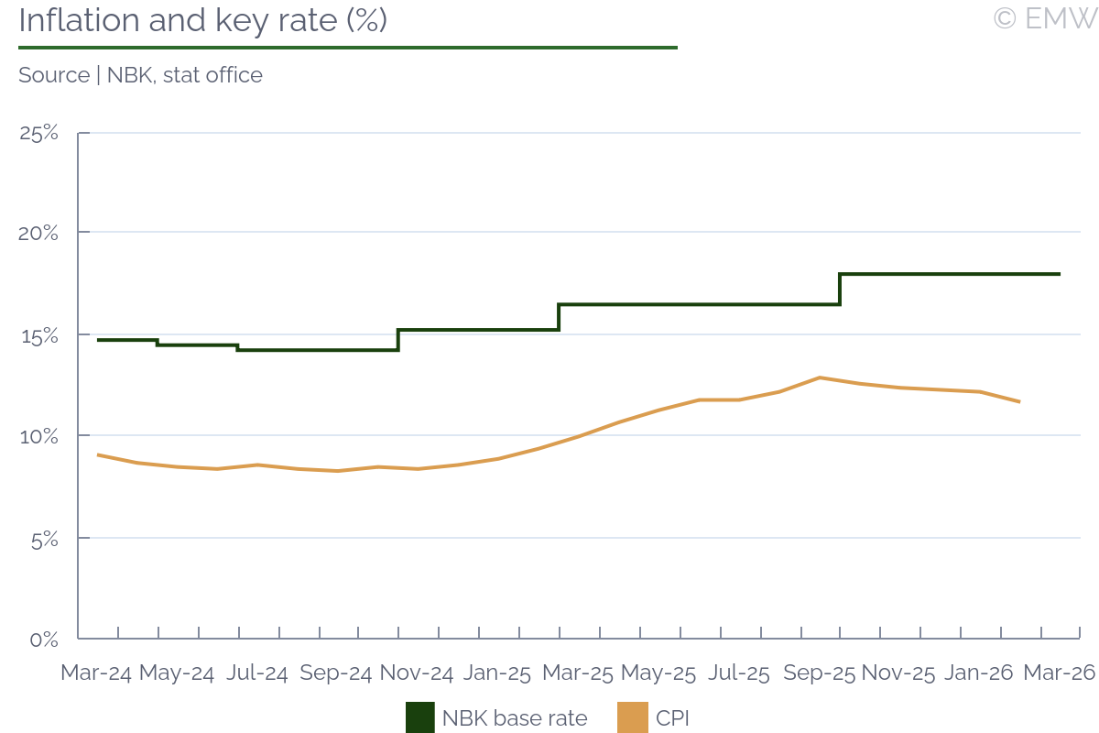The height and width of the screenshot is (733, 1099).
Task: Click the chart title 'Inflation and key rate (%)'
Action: tap(202, 20)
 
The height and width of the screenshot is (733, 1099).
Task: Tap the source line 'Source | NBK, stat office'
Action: tap(140, 75)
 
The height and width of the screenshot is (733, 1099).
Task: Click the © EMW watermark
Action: tap(1044, 18)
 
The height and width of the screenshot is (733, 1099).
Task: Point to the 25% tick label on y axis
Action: tap(38, 133)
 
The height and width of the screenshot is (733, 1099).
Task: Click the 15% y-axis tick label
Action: tap(38, 335)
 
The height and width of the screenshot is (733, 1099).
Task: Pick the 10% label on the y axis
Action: tap(38, 436)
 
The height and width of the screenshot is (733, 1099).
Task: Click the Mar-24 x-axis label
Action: tap(96, 673)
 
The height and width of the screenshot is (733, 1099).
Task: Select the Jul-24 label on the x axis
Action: tap(256, 673)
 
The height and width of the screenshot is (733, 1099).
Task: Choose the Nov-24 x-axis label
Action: tap(417, 673)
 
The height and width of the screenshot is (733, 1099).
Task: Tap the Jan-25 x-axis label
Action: tap(497, 673)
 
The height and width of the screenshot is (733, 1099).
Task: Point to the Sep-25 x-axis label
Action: tap(820, 673)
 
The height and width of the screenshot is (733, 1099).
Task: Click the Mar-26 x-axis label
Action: tap(1060, 673)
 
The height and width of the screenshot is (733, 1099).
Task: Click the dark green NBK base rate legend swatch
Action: tap(420, 717)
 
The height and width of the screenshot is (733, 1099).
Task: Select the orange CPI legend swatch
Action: tap(634, 717)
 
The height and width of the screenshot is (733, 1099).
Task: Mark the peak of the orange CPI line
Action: tap(820, 377)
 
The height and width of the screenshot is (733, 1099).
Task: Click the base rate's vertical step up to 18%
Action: tap(840, 289)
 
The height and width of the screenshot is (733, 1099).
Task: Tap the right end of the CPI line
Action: tap(1019, 401)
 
